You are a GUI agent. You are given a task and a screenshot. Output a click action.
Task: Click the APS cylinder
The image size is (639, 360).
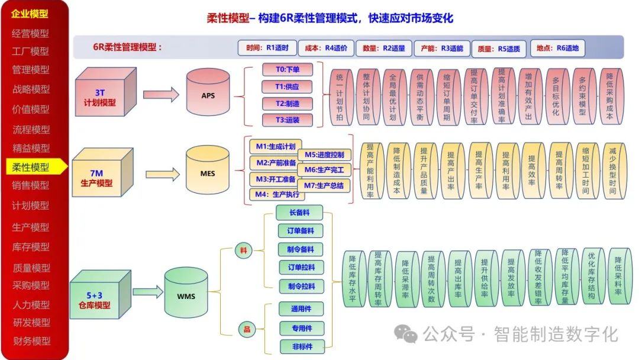click(208, 95)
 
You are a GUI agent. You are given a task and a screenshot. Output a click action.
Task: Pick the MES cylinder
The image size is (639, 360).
click(208, 173)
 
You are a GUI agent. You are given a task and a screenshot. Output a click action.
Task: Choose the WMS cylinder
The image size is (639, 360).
click(186, 294)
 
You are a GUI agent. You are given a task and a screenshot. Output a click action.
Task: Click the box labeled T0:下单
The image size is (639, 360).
click(288, 69)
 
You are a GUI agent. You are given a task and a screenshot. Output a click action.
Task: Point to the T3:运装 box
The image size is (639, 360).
click(288, 120)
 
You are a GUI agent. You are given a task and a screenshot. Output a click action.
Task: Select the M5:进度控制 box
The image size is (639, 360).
click(324, 155)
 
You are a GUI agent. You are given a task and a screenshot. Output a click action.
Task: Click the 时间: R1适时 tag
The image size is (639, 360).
click(263, 48)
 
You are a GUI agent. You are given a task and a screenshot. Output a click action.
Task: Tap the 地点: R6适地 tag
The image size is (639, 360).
click(557, 48)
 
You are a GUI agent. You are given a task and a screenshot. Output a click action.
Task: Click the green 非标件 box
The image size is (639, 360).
click(301, 346)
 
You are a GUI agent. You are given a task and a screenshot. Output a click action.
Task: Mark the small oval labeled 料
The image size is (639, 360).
click(243, 250)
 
